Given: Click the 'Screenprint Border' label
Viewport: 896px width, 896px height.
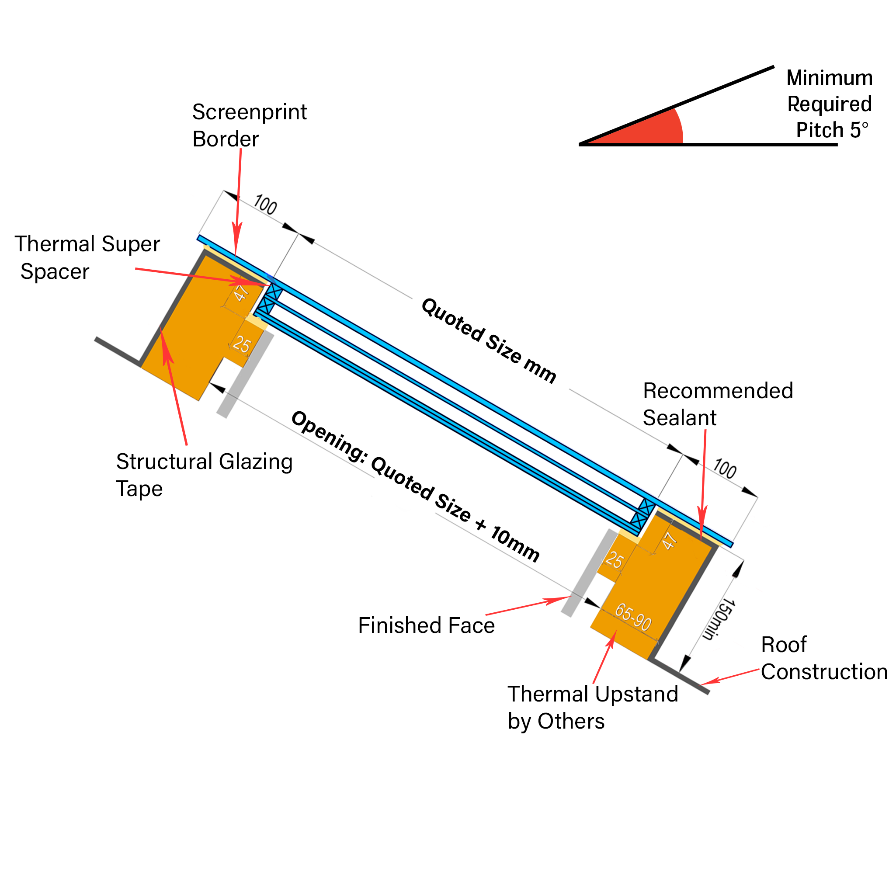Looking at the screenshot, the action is (250, 125).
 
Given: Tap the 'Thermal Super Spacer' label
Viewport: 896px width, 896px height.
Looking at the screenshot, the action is (87, 257).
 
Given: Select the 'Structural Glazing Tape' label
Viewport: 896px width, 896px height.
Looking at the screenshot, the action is (204, 475).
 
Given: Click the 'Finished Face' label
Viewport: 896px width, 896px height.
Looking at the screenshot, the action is (426, 625).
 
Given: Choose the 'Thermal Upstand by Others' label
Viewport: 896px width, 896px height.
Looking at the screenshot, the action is (593, 707).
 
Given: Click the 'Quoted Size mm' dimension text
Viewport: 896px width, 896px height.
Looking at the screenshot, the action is (489, 341).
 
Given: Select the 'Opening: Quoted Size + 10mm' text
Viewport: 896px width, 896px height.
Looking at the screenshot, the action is (416, 486).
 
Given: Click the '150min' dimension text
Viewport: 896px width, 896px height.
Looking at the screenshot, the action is (719, 620).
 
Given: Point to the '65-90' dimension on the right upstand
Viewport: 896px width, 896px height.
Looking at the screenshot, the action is (633, 617).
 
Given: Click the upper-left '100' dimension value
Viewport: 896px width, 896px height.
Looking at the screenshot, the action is (265, 205).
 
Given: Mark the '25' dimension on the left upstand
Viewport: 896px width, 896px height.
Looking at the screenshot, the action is (242, 344).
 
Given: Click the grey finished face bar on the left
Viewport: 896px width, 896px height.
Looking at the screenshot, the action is (245, 374).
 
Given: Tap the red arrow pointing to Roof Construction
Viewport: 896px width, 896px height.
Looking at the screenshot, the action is (729, 677).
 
